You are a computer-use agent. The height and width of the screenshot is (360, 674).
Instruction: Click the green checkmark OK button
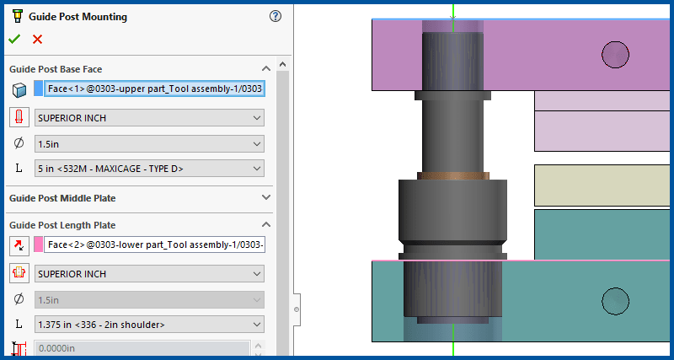13,39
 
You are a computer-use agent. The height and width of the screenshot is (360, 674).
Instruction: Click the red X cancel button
37,39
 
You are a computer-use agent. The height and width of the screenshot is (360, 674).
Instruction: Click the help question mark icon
275,16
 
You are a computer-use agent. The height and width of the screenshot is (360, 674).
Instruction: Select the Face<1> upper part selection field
155,89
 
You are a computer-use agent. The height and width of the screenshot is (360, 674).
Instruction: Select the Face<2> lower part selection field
155,244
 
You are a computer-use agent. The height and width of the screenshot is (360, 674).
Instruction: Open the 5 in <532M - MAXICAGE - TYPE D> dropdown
149,169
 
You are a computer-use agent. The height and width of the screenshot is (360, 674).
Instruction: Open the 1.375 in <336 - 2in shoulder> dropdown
149,324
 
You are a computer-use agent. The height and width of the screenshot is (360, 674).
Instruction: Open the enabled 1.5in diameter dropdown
149,143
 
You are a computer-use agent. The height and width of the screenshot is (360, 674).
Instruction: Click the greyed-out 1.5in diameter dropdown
149,299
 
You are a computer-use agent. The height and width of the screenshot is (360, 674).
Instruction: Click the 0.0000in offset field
142,348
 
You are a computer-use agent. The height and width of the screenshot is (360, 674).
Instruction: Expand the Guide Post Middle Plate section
266,197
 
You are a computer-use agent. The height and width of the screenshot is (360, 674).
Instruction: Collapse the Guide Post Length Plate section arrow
266,225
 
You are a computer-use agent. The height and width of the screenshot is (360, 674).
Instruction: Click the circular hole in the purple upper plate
615,55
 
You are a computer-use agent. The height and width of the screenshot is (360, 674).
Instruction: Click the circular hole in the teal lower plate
616,299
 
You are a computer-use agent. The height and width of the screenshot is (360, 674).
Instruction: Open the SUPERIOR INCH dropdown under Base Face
149,118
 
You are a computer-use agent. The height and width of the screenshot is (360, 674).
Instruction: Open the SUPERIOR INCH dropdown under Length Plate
149,274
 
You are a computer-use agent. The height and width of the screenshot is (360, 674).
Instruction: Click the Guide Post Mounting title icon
15,16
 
